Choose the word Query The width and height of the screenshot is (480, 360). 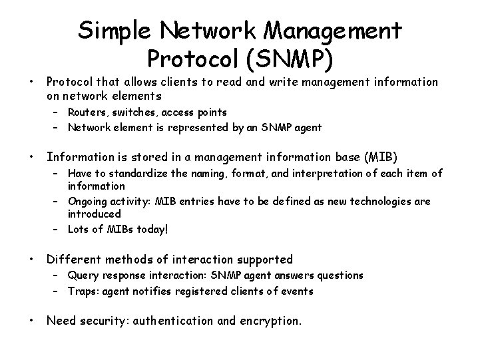click(81, 275)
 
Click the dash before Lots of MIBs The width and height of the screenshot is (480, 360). click(57, 230)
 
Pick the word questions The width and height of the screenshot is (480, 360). click(339, 275)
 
